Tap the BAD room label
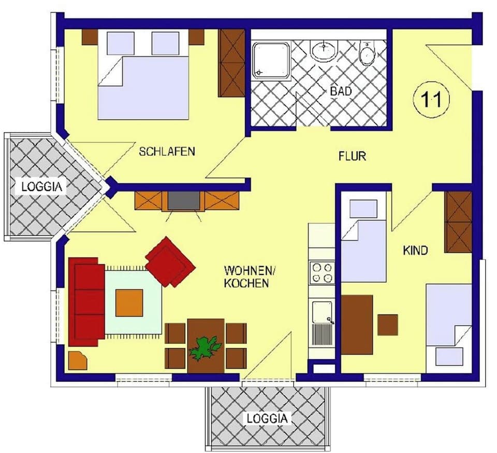(x=341, y=91)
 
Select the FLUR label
(x=352, y=155)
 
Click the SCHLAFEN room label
(x=167, y=152)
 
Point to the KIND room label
(x=416, y=251)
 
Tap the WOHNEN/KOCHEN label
(x=246, y=276)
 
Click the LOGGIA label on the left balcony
(x=45, y=186)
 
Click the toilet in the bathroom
(x=367, y=54)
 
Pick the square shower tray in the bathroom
(x=271, y=61)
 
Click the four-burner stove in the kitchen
(x=321, y=273)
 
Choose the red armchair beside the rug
(x=170, y=261)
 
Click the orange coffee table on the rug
(x=129, y=302)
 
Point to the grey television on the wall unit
(x=183, y=200)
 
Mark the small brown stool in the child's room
(x=387, y=325)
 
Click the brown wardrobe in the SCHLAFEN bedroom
(x=232, y=63)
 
